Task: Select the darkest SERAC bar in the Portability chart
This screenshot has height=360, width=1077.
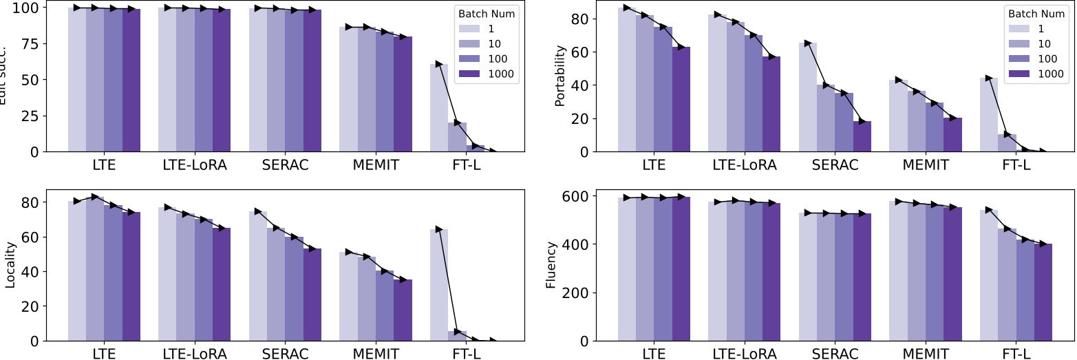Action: click(862, 136)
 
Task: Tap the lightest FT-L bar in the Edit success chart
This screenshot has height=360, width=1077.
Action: click(439, 107)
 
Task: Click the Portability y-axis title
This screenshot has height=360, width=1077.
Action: click(560, 76)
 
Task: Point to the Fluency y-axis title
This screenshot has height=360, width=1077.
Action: click(551, 264)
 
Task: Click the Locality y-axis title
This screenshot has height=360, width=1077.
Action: click(9, 264)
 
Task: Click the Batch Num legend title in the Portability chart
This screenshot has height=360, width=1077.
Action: click(1036, 13)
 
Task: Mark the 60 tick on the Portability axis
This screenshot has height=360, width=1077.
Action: click(582, 52)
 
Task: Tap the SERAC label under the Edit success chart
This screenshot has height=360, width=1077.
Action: click(285, 165)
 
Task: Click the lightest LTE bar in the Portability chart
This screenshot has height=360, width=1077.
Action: click(627, 80)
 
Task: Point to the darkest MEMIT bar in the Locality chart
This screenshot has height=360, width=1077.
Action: click(403, 310)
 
